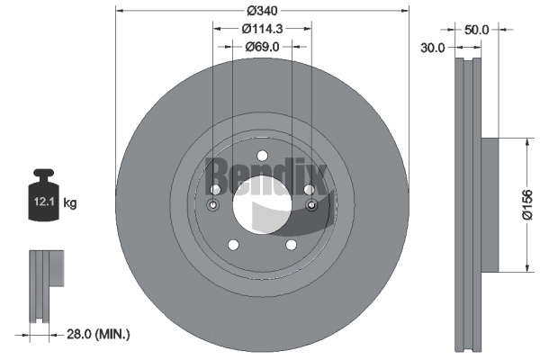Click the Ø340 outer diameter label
(262, 11)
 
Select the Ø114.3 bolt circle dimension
(262, 29)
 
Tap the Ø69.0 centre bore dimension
(262, 47)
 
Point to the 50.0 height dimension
(476, 30)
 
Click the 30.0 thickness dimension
(433, 48)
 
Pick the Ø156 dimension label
(527, 204)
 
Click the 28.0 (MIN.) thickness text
(98, 334)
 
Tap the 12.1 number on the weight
(44, 202)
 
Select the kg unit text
(70, 202)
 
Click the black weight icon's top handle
(43, 173)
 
